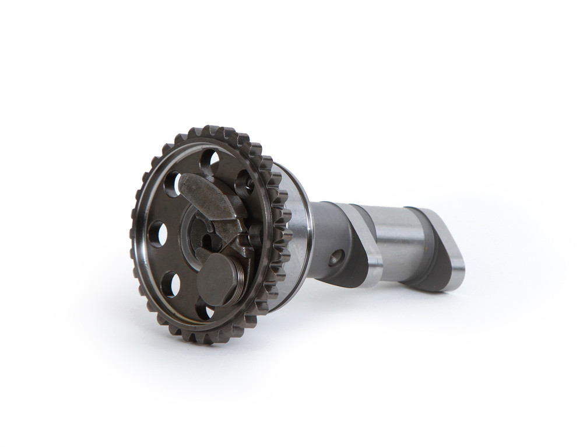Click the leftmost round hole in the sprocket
[157, 234]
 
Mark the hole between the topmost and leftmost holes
[173, 184]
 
